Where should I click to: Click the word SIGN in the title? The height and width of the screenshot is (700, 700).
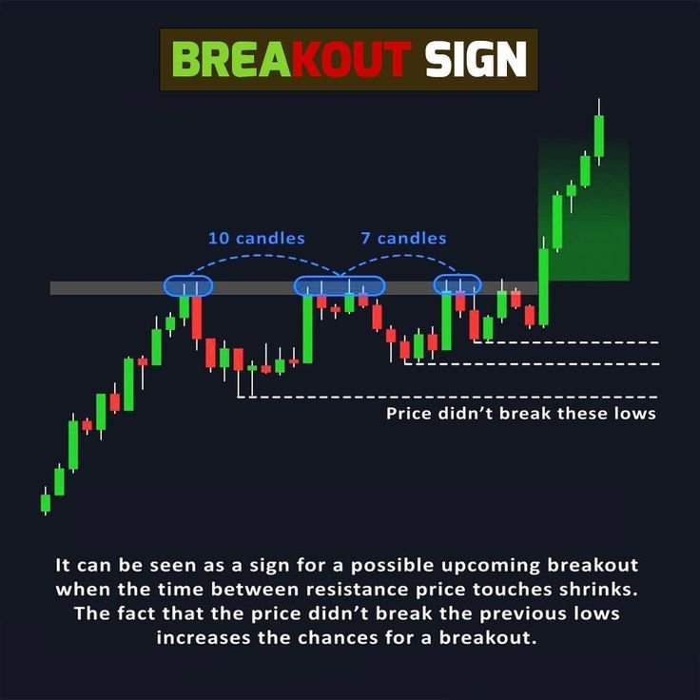click(x=476, y=59)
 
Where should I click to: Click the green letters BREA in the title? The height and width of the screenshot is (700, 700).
click(x=232, y=59)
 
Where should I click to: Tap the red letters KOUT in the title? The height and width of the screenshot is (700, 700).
click(x=351, y=59)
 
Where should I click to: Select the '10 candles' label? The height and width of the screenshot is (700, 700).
click(x=257, y=238)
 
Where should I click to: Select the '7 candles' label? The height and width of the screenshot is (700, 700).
click(x=403, y=238)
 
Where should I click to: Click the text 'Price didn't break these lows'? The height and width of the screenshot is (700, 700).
click(x=521, y=414)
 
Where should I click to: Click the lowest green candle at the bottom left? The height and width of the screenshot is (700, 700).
click(x=46, y=502)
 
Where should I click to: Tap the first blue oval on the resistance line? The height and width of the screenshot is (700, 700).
click(x=188, y=285)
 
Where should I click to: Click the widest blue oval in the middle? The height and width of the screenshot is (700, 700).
click(x=340, y=285)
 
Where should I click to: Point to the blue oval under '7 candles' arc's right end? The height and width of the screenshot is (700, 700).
click(x=457, y=284)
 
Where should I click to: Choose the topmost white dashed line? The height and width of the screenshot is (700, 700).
click(x=566, y=342)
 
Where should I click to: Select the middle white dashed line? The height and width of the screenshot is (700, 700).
click(x=532, y=364)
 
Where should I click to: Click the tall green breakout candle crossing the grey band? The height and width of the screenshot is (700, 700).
click(x=544, y=286)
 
